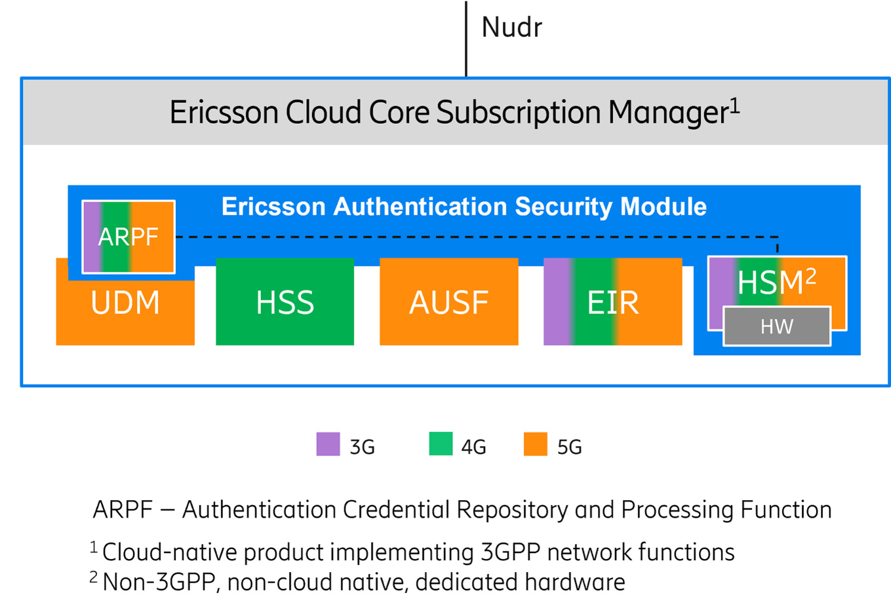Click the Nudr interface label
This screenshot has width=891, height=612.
[511, 27]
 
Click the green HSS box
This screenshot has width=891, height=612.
[285, 302]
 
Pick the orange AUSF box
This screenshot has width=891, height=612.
[449, 302]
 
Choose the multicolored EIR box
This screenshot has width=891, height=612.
[612, 302]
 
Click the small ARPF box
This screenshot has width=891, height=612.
[128, 237]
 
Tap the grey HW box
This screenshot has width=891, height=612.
[777, 326]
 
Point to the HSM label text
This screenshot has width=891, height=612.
[770, 282]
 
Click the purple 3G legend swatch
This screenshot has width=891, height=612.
[328, 444]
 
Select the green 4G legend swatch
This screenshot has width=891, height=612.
[440, 444]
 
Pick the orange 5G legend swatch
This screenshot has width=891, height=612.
[535, 444]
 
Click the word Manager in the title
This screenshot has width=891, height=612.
[668, 112]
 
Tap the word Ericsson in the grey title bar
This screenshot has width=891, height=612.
[223, 112]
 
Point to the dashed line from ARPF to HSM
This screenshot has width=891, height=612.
[476, 237]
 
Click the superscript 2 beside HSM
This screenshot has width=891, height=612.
[811, 276]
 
